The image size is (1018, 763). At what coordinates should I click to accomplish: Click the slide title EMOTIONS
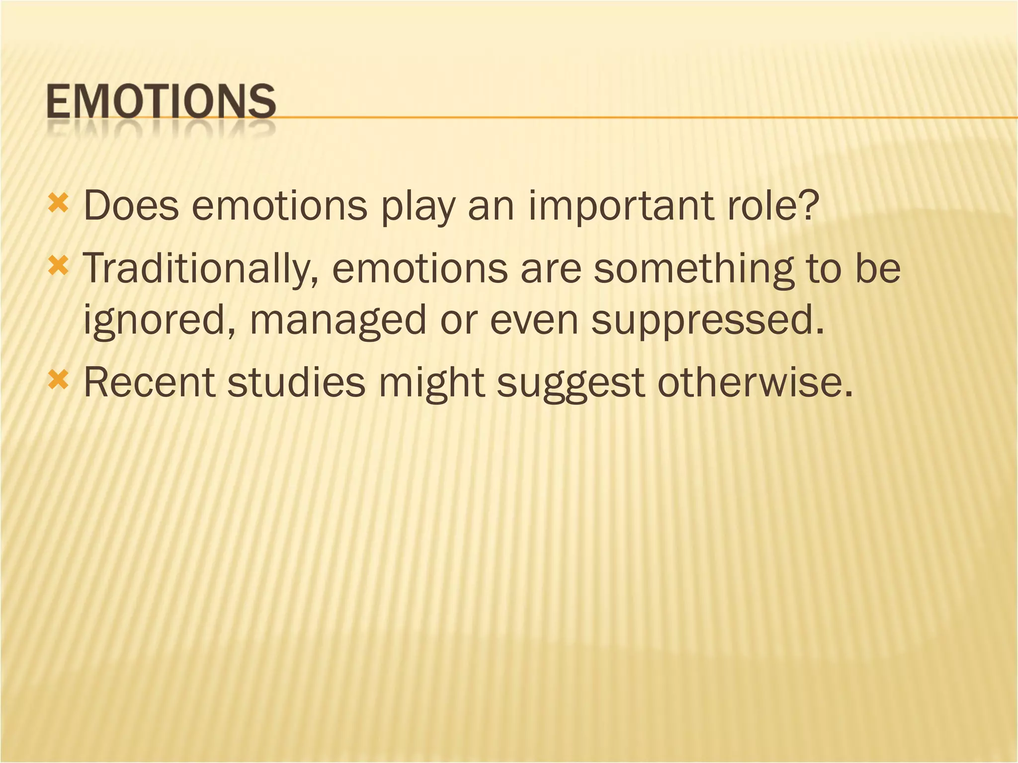pyautogui.click(x=161, y=101)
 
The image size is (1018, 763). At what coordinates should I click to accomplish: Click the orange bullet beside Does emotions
pyautogui.click(x=58, y=204)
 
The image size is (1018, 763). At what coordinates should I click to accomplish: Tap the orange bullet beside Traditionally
pyautogui.click(x=58, y=267)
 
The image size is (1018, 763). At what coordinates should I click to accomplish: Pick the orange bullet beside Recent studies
pyautogui.click(x=58, y=381)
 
